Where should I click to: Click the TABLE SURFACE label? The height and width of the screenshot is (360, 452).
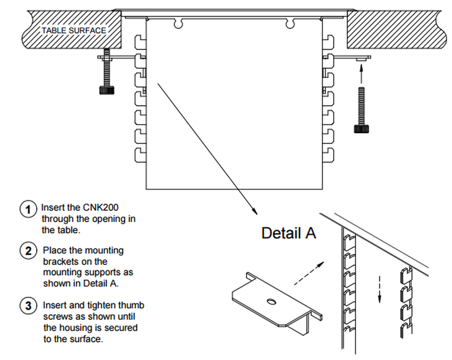(x=74, y=31)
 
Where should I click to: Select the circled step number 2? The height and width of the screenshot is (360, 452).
(x=28, y=251)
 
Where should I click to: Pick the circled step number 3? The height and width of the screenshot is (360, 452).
(x=28, y=305)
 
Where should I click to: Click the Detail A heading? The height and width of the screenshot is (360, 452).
(x=289, y=233)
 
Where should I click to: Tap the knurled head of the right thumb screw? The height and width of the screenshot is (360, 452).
(x=361, y=129)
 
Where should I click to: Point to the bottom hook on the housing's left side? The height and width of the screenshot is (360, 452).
(x=140, y=154)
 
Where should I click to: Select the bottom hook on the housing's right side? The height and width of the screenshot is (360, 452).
(x=329, y=154)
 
